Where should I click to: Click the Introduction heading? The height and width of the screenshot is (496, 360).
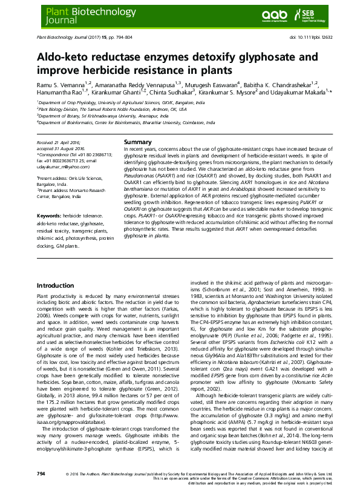point(56,285)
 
